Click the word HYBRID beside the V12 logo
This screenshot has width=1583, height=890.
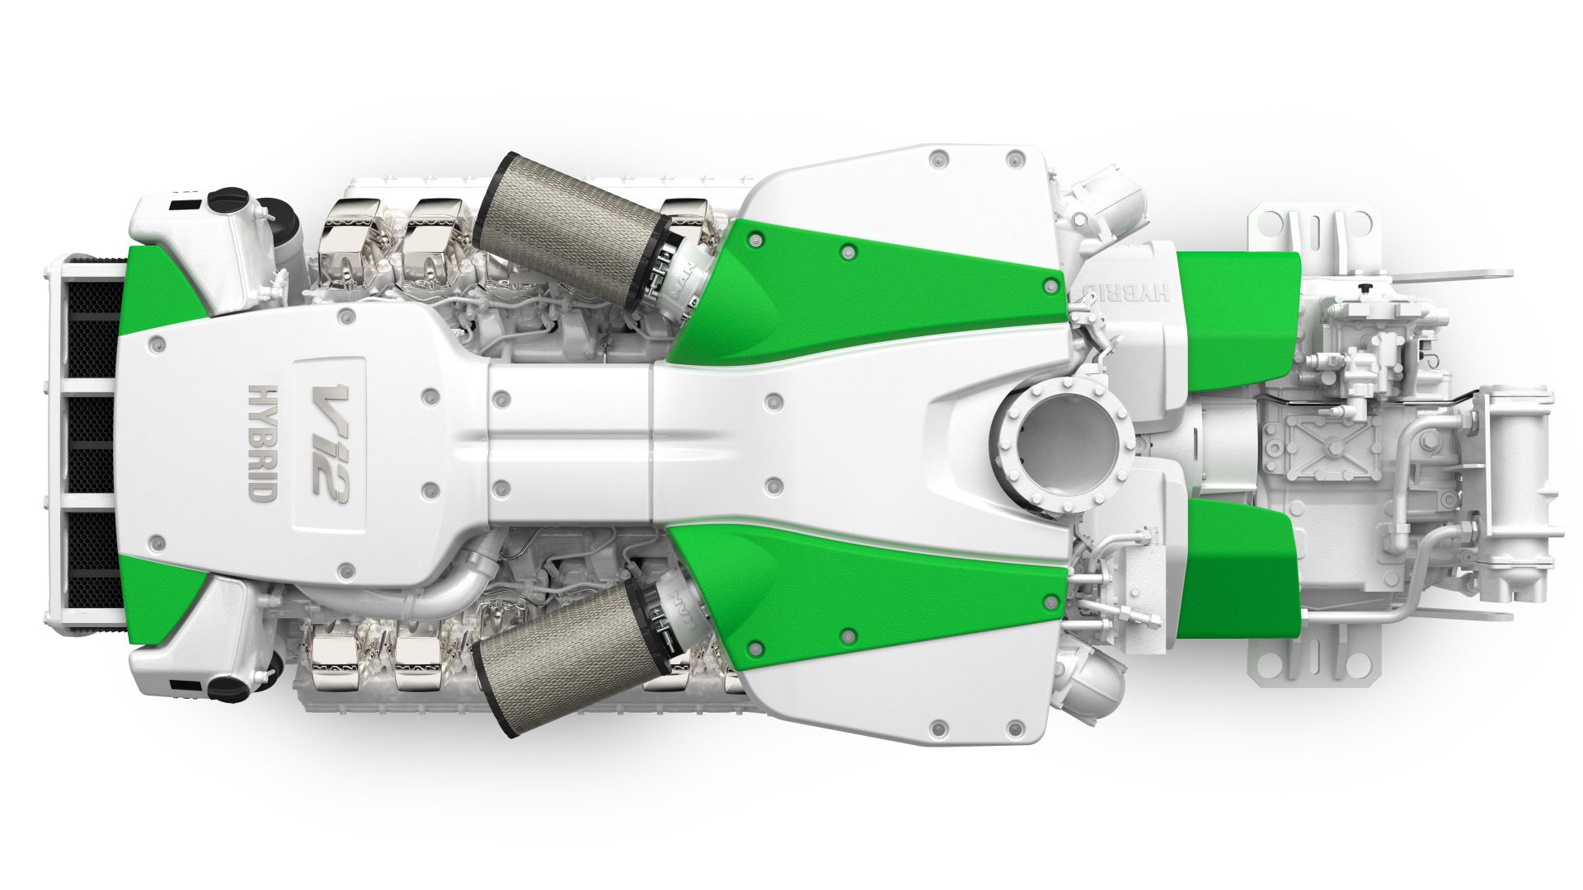click(262, 443)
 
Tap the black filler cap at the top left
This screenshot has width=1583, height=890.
click(228, 199)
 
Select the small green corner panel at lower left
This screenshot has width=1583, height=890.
click(157, 597)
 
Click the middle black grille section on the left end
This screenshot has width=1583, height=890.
click(91, 443)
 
